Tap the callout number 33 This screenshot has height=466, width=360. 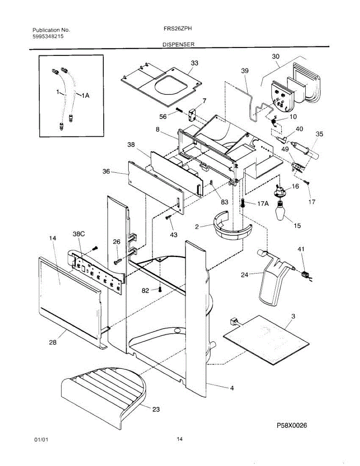[195, 63]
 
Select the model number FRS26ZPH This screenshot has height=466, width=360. [177, 28]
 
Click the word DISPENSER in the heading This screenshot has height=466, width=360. [178, 44]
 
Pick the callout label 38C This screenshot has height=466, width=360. [79, 234]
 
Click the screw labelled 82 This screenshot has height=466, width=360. [159, 290]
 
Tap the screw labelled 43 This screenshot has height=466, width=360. [168, 217]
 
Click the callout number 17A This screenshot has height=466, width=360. [263, 203]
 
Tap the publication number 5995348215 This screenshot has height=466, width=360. [48, 36]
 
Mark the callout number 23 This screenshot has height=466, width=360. [156, 409]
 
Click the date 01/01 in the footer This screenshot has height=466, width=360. [41, 440]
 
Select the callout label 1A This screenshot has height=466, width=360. [85, 96]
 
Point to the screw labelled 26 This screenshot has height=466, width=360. [118, 261]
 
